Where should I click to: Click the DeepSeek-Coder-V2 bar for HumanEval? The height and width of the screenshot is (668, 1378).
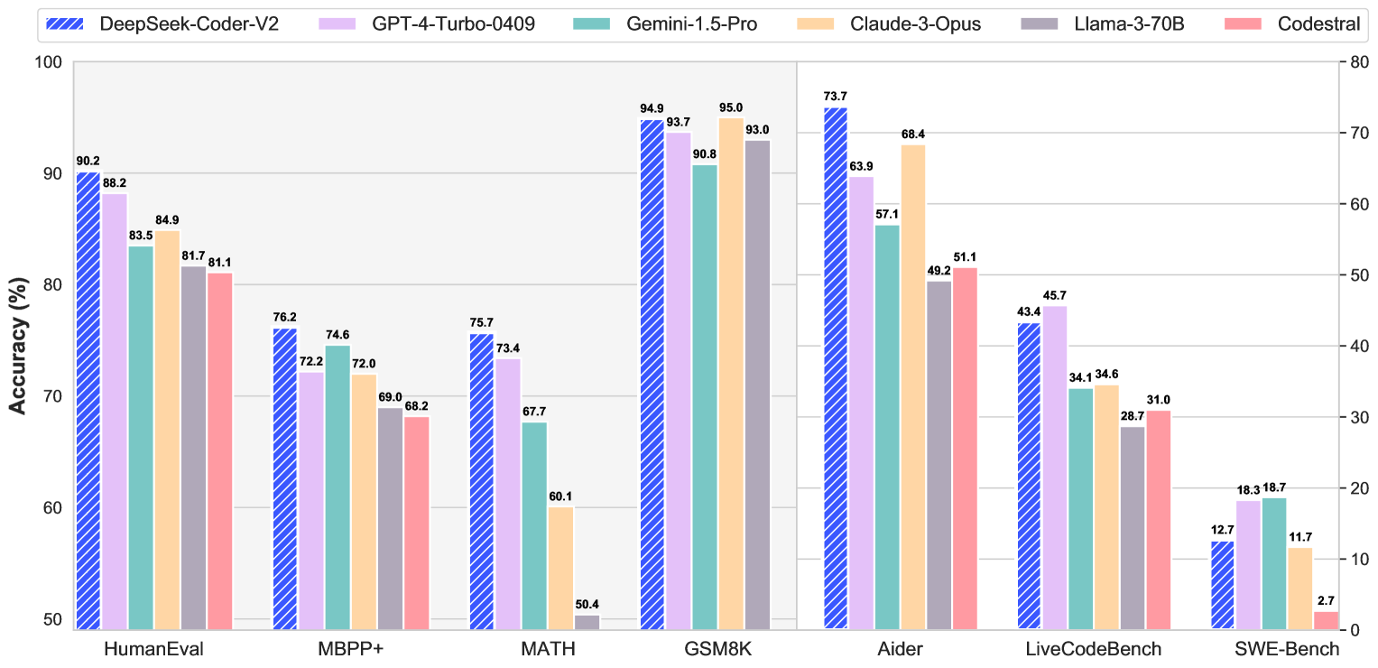(x=88, y=401)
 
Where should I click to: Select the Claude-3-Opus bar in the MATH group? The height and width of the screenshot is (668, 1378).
(x=561, y=568)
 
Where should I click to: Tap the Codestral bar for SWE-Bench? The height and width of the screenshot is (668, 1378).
(x=1327, y=620)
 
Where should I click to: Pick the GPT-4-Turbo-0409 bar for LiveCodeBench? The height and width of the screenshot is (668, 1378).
(x=1055, y=468)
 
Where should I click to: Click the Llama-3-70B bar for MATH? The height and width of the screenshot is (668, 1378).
(x=587, y=622)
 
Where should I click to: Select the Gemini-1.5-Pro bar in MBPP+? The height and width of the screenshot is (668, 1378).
(x=338, y=487)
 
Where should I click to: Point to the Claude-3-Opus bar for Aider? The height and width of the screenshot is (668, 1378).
(x=913, y=387)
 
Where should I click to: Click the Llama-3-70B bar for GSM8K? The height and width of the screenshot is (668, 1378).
(x=757, y=385)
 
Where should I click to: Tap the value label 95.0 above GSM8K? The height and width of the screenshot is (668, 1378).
(x=731, y=108)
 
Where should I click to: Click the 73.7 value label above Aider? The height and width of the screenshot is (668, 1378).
(x=836, y=97)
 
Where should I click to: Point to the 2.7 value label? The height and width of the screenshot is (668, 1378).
(x=1327, y=601)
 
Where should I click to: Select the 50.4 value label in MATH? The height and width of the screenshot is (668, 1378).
(x=587, y=605)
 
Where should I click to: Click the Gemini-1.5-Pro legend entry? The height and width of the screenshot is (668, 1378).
(x=665, y=24)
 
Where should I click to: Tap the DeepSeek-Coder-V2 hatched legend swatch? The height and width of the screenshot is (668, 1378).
(x=65, y=24)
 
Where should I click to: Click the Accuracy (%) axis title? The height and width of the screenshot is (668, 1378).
(x=18, y=347)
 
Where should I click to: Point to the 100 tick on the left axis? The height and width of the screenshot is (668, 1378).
(x=49, y=63)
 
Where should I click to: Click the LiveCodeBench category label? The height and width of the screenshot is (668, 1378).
(x=1093, y=649)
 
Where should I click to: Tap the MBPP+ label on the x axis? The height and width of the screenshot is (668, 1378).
(x=351, y=649)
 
